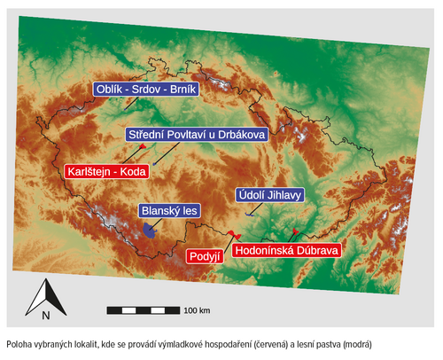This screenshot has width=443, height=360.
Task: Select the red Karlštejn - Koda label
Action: [105, 170]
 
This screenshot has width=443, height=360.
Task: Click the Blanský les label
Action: [170, 211]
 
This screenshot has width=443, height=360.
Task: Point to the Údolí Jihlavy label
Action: [269, 195]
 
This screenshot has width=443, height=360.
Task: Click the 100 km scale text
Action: [197, 310]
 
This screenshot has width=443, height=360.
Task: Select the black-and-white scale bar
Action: [142, 309]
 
